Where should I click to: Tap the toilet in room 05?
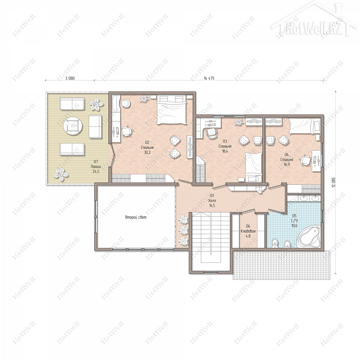click(274, 244)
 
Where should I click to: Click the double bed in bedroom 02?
click(171, 109)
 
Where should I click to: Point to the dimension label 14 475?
click(209, 78)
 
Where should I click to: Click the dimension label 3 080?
click(70, 78)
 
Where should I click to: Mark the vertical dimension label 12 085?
click(334, 182)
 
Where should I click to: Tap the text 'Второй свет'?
click(136, 217)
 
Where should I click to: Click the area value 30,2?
click(147, 152)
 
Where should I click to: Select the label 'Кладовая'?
click(248, 231)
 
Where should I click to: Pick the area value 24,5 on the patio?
click(96, 172)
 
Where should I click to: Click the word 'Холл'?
click(212, 201)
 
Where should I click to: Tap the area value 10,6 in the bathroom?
click(294, 226)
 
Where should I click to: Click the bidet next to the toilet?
click(287, 244)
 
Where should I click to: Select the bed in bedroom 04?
click(305, 126)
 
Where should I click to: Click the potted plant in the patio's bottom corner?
click(61, 175)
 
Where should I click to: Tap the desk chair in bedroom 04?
click(305, 160)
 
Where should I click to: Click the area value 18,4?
click(225, 151)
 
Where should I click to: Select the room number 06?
click(248, 226)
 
